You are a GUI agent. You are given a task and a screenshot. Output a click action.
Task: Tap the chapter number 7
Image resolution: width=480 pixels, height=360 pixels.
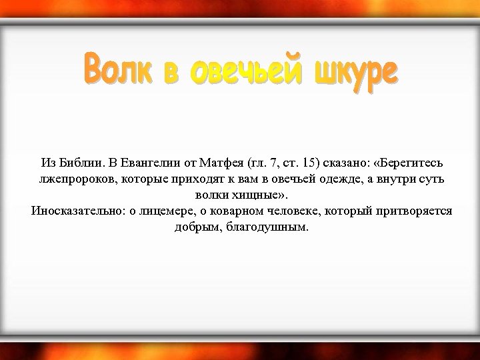click(271, 163)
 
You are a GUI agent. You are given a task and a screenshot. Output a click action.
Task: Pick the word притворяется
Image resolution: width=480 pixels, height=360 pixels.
click(416, 212)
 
